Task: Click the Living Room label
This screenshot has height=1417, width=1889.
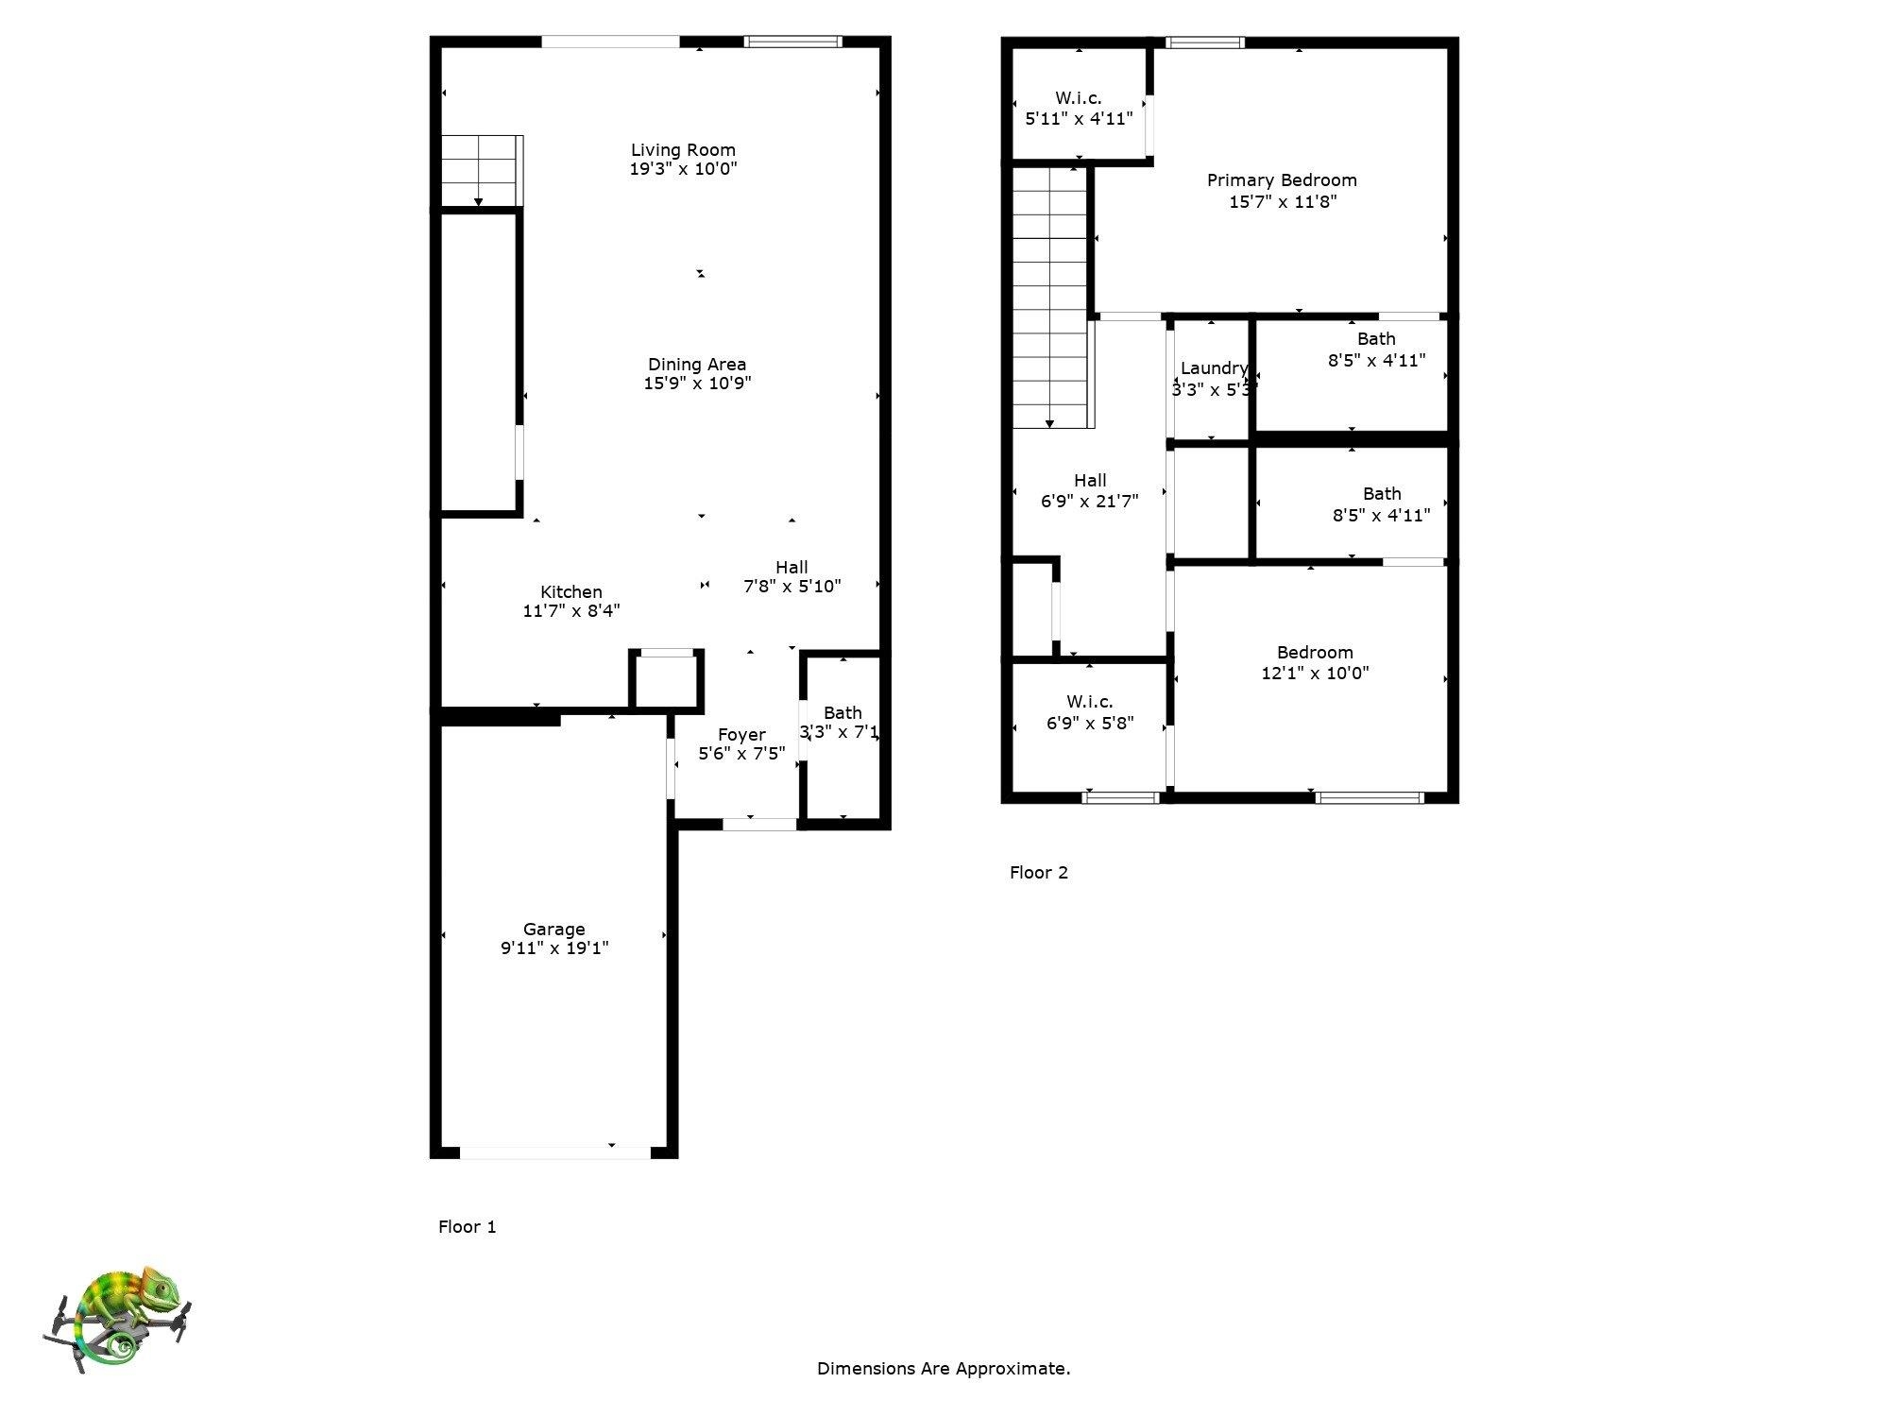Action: pyautogui.click(x=683, y=149)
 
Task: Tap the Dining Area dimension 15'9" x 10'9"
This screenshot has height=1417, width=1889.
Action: pyautogui.click(x=697, y=384)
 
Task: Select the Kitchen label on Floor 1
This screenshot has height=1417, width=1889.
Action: pyautogui.click(x=570, y=592)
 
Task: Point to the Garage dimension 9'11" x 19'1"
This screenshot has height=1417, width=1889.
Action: pyautogui.click(x=554, y=948)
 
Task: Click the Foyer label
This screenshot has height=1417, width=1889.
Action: pyautogui.click(x=741, y=734)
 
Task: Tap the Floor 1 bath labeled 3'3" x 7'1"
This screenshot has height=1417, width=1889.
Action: pyautogui.click(x=842, y=723)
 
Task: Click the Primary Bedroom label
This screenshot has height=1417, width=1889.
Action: pyautogui.click(x=1282, y=179)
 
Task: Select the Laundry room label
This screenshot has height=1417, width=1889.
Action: pyautogui.click(x=1214, y=368)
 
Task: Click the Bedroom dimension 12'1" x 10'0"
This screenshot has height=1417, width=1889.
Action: pyautogui.click(x=1315, y=674)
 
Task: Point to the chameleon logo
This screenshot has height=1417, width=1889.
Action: pyautogui.click(x=118, y=1318)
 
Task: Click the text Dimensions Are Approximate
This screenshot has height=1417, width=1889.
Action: pyautogui.click(x=944, y=1368)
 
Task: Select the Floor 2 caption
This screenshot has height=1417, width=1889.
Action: pyautogui.click(x=1038, y=872)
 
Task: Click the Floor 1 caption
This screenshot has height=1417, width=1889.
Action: pyautogui.click(x=467, y=1226)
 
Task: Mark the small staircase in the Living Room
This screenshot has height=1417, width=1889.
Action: pyautogui.click(x=480, y=170)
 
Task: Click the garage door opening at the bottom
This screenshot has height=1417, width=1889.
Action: pyautogui.click(x=555, y=1152)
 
